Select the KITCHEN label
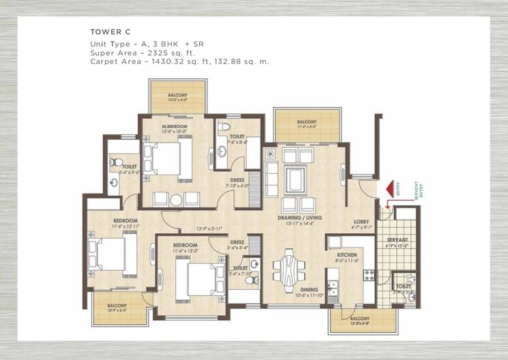pyautogui.click(x=346, y=254)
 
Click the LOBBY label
pyautogui.click(x=361, y=222)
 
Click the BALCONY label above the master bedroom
pyautogui.click(x=177, y=95)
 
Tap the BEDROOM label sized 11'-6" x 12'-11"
pyautogui.click(x=125, y=221)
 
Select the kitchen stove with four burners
pyautogui.click(x=369, y=275)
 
